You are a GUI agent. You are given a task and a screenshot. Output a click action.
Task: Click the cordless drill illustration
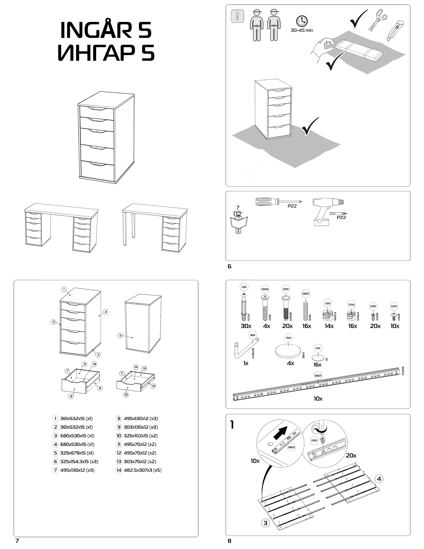click(x=327, y=211)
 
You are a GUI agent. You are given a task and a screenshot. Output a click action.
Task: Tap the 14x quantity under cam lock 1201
click(x=329, y=326)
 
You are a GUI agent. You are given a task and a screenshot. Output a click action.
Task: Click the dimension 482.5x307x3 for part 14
click(x=143, y=470)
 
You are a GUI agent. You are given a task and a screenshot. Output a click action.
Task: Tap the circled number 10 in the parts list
click(x=119, y=436)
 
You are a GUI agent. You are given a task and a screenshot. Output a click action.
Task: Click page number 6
click(x=229, y=267)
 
